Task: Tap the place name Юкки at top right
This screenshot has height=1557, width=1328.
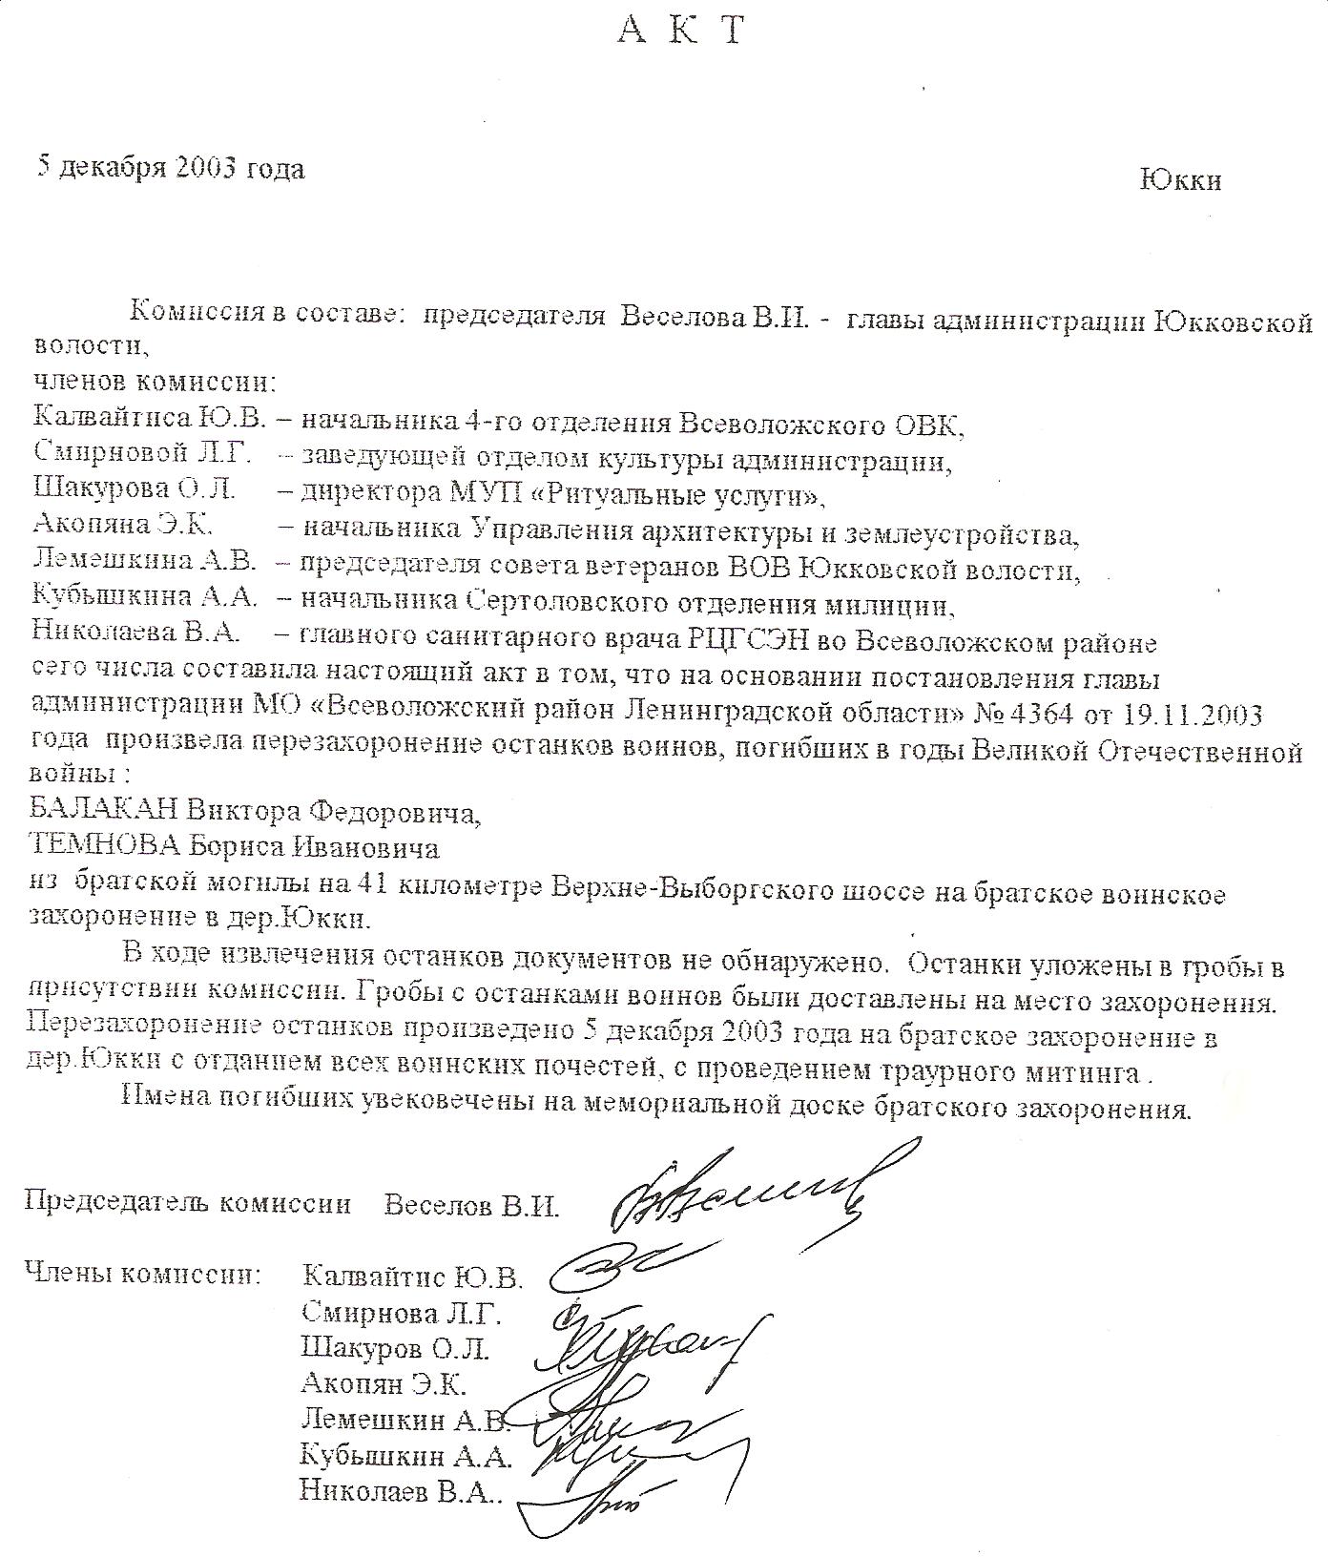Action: coord(1179,179)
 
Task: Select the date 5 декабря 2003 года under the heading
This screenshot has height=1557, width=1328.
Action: coord(171,168)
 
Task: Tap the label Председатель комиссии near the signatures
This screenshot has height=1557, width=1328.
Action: coord(187,1203)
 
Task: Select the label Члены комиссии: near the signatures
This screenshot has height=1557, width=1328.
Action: coord(142,1273)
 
